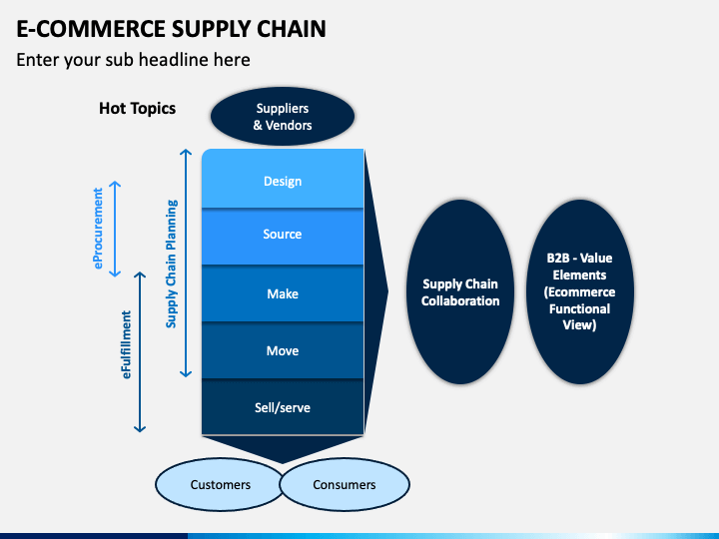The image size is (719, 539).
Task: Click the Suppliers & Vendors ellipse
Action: point(283,117)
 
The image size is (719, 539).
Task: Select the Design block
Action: point(283,179)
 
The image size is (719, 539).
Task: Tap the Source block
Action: point(283,237)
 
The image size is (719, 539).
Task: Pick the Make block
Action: point(283,293)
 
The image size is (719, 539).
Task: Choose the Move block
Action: point(283,350)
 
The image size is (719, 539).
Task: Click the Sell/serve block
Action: point(283,407)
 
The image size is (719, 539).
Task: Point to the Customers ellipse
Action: point(220,484)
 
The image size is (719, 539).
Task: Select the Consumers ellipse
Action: point(345,484)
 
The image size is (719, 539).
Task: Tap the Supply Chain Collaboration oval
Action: point(460,291)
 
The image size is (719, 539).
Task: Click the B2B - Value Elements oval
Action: point(579,291)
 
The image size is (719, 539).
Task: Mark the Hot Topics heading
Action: point(138,109)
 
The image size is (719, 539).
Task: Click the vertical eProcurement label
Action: point(98,229)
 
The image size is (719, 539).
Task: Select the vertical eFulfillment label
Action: point(126,344)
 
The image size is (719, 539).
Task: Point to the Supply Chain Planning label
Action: point(172,264)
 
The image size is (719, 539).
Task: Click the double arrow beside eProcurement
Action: point(115,229)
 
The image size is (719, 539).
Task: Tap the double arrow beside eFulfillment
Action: point(140,352)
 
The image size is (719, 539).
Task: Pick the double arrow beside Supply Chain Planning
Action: point(186,264)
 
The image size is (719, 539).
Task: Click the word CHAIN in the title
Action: point(292,29)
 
